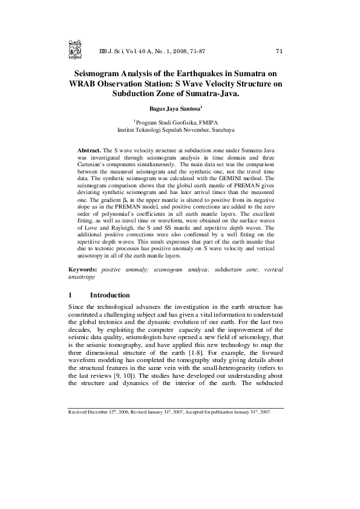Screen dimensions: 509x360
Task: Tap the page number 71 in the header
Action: [x=279, y=51]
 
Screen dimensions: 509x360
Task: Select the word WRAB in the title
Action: [x=85, y=83]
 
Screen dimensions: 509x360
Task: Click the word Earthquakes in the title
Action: [x=192, y=72]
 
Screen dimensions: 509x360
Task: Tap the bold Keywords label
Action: [x=83, y=268]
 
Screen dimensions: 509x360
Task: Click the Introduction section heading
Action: [x=110, y=295]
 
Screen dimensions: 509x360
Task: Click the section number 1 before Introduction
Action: [x=71, y=295]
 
